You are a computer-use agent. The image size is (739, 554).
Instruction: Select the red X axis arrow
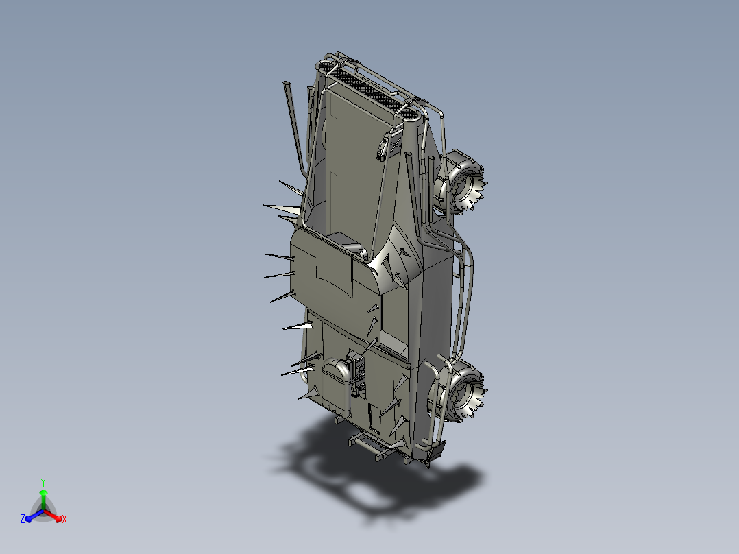[55, 516]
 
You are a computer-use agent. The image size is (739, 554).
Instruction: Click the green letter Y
[43, 481]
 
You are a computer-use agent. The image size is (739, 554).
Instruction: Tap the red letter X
[64, 520]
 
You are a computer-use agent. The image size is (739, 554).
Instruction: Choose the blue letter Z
[23, 520]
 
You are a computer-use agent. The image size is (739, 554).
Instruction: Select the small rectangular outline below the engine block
[374, 416]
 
